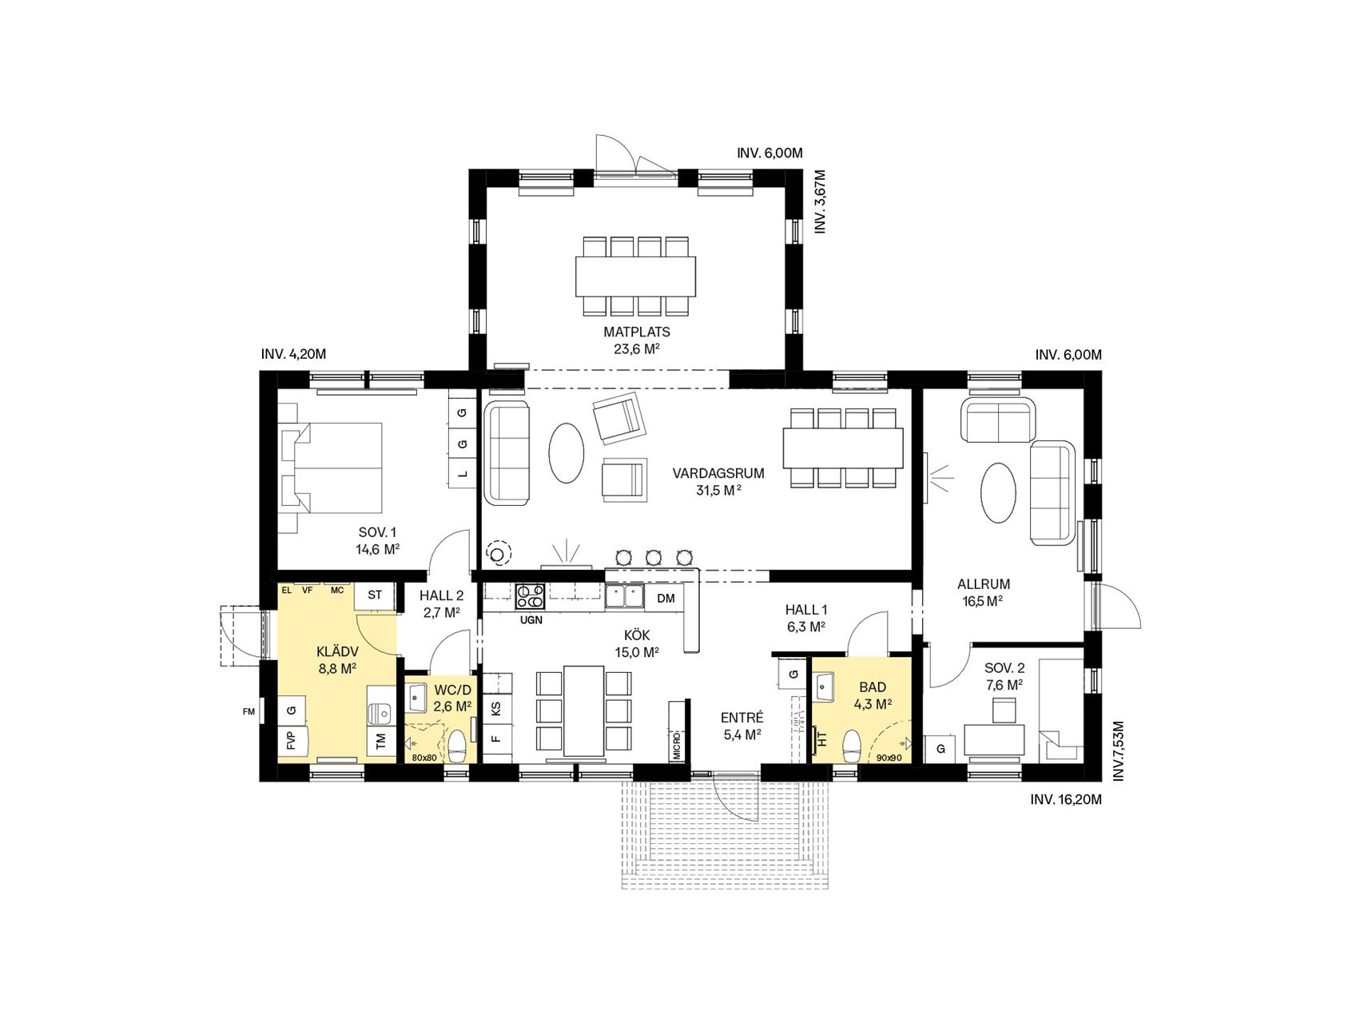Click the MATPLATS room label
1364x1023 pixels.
point(637,332)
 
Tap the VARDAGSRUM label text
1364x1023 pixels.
point(718,473)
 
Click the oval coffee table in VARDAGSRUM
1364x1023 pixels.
point(567,452)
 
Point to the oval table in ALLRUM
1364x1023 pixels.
point(999,493)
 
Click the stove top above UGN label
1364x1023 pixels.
point(531,596)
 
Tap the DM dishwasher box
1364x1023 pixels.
point(666,598)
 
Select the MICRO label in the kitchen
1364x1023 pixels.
point(677,744)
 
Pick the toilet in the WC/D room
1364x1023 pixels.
point(457,746)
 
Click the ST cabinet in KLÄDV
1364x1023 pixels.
point(375,595)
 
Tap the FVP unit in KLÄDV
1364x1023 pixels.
point(290,741)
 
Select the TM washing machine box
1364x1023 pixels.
point(380,742)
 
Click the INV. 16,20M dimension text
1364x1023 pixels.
point(1066,798)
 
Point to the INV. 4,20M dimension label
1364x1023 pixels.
point(293,354)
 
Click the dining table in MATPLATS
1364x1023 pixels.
point(635,276)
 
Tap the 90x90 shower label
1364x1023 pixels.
point(889,757)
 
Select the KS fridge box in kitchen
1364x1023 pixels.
point(496,708)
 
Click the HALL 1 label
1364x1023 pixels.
point(805,610)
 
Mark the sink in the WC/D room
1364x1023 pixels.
point(417,697)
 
